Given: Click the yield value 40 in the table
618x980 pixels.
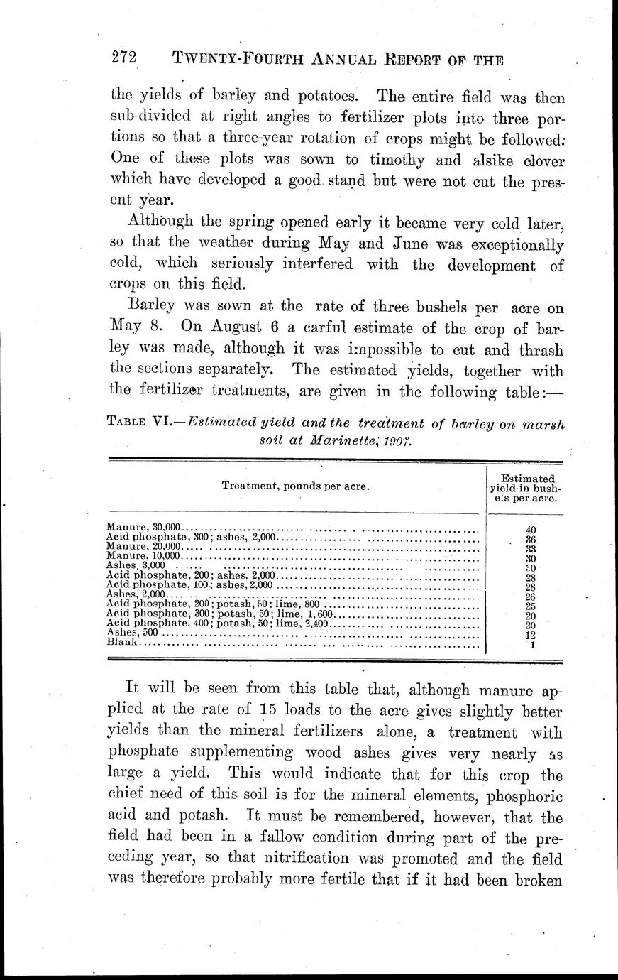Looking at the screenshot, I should pos(531,530).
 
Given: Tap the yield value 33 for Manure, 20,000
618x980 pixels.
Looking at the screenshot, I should pos(531,549).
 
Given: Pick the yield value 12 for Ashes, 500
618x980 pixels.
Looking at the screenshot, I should pos(531,636).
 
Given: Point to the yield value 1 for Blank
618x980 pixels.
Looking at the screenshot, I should pos(531,645).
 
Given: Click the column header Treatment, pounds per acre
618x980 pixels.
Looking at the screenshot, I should pos(296,486).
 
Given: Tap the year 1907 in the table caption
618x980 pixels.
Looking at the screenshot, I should pos(397,440).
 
